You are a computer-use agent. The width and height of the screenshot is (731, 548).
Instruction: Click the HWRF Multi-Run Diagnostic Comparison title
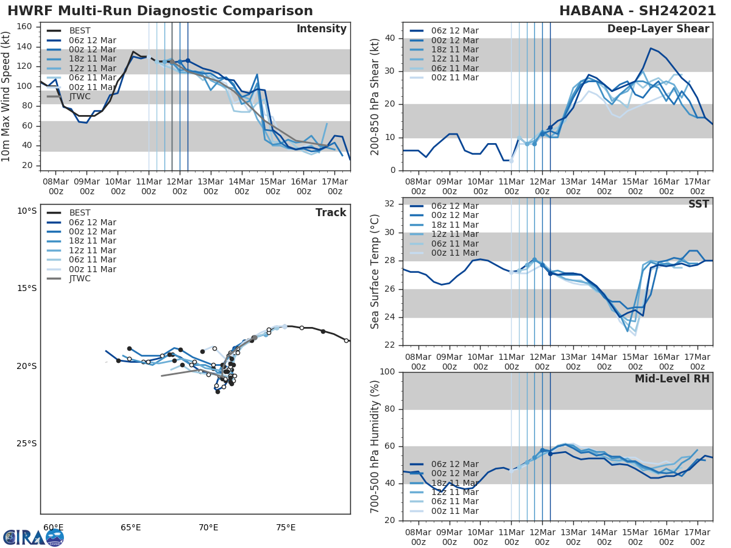[x=160, y=11]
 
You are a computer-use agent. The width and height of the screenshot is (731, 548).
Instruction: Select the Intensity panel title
[x=321, y=29]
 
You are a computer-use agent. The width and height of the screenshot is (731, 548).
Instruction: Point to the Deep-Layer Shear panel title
[x=658, y=29]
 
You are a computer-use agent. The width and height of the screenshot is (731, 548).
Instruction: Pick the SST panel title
[x=698, y=204]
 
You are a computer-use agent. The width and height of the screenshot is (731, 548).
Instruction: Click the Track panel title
[x=331, y=213]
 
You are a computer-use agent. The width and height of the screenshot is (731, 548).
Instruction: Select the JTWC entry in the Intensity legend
[x=80, y=96]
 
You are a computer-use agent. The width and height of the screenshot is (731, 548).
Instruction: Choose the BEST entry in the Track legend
[x=80, y=213]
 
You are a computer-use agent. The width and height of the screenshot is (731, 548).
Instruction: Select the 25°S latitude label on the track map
[x=27, y=443]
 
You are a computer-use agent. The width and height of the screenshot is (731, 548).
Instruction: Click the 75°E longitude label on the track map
[x=285, y=527]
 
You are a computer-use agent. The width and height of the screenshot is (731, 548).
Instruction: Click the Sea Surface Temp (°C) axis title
[x=375, y=272]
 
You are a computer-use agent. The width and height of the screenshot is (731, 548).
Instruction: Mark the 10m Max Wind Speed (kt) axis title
[x=6, y=96]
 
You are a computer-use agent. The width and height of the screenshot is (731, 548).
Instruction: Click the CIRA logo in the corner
[x=34, y=537]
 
